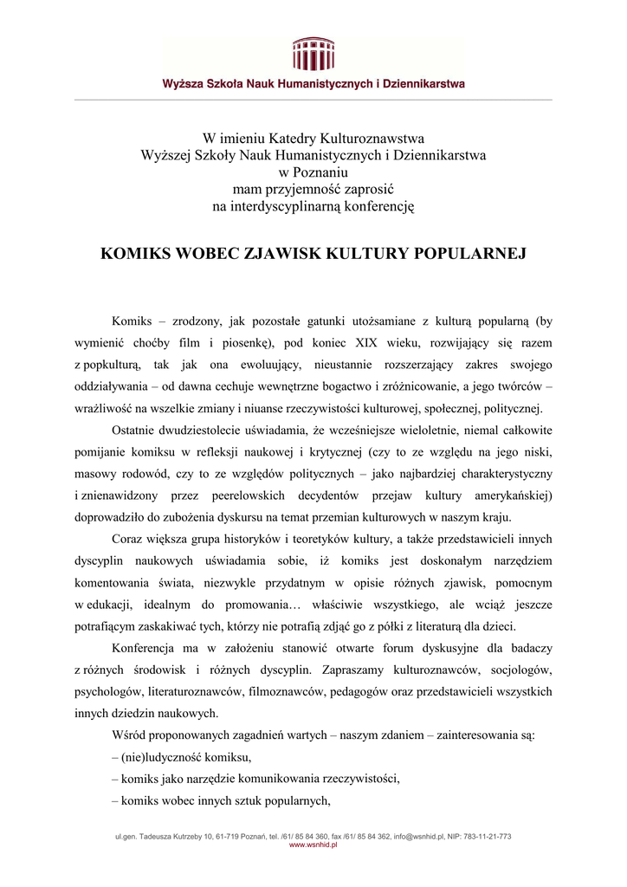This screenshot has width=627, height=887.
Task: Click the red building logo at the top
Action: pos(313,54)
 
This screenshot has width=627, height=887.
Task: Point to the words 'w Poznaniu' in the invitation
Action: pos(313,172)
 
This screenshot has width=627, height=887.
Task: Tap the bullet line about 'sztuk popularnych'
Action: pos(222,801)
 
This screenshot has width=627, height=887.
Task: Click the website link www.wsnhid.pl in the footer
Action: pos(313,845)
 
